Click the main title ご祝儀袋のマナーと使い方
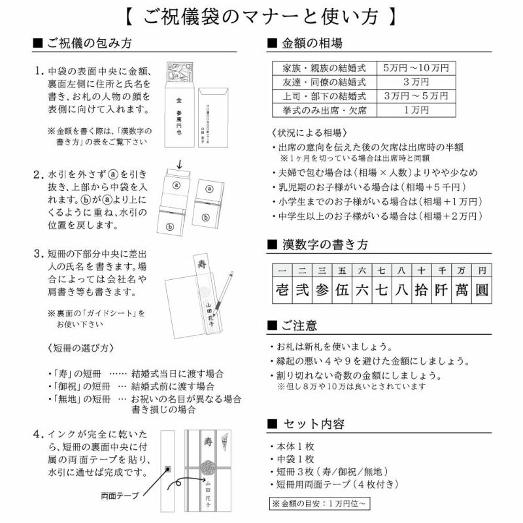(261, 16)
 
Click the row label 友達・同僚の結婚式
(324, 82)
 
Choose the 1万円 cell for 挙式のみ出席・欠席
(415, 110)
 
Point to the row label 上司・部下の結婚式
(324, 96)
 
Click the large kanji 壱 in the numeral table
(282, 290)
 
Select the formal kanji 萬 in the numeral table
(462, 290)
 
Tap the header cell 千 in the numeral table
(441, 270)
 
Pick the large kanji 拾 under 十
(422, 290)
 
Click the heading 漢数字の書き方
(325, 245)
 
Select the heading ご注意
(300, 325)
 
